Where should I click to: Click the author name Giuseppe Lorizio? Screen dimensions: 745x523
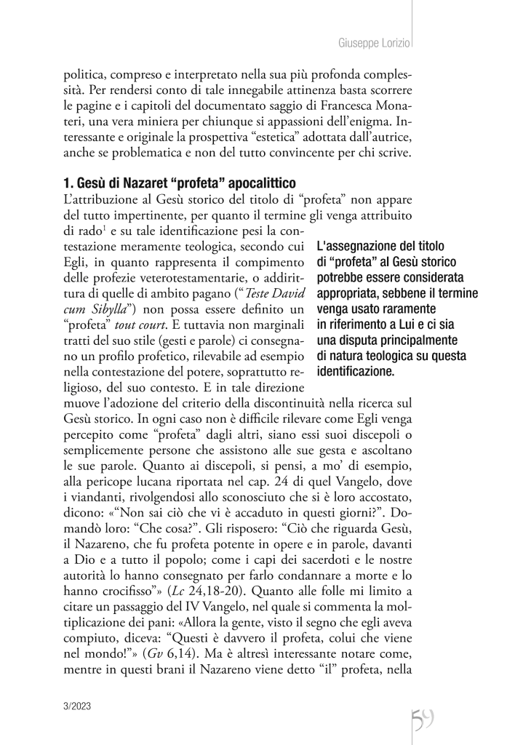[x=375, y=44]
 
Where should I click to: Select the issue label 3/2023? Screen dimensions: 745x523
[x=78, y=706]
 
